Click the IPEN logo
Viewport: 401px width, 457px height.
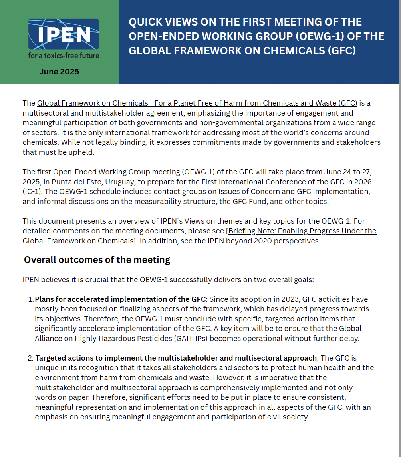click(x=64, y=34)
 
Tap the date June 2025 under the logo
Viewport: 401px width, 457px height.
click(x=59, y=72)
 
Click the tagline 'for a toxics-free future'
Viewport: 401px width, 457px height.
click(x=64, y=56)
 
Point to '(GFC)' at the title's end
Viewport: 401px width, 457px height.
click(x=341, y=51)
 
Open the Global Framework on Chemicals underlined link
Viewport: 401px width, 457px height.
click(x=197, y=103)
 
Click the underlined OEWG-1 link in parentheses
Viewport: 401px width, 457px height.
click(x=198, y=172)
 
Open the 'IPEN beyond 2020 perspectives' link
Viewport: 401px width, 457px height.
click(x=263, y=241)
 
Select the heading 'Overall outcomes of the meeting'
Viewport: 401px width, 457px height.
click(x=97, y=260)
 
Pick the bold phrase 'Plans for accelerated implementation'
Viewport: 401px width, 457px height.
click(x=100, y=299)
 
